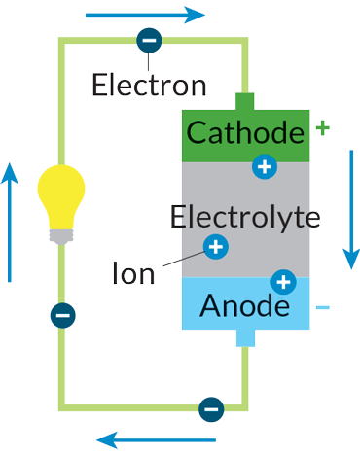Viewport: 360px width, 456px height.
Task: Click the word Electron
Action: (x=149, y=85)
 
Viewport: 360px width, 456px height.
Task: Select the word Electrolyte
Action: (x=244, y=216)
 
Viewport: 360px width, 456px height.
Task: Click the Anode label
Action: (x=244, y=306)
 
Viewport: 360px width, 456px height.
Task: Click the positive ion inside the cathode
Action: (x=263, y=166)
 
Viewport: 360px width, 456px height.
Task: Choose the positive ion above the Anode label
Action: (x=283, y=283)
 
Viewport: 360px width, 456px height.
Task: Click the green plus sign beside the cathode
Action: (x=323, y=127)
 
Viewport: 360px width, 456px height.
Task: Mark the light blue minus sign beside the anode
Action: (x=323, y=308)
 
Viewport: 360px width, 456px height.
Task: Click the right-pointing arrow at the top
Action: (x=146, y=16)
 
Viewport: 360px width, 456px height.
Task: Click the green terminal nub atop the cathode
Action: (x=244, y=101)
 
